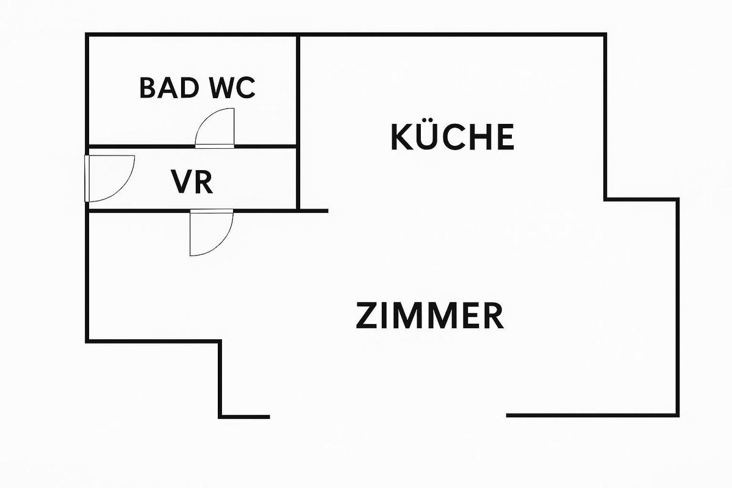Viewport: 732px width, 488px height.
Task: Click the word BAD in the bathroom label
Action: point(168,88)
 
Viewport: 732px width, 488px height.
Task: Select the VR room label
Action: point(192,182)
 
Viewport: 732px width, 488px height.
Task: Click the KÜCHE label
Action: point(452,137)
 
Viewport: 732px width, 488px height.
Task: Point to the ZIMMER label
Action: point(430,316)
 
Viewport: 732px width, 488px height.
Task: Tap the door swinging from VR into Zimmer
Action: point(210,235)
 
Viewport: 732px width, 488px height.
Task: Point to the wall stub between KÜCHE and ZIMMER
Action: point(314,210)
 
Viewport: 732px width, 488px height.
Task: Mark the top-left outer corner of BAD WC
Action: point(87,35)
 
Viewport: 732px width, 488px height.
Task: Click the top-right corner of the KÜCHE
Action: point(605,35)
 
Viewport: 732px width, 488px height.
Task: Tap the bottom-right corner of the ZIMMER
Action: point(678,415)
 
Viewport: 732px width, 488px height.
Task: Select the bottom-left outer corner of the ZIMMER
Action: point(87,340)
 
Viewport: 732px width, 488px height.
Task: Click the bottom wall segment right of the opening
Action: point(592,415)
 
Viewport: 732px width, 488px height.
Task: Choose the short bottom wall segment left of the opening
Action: point(244,417)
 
